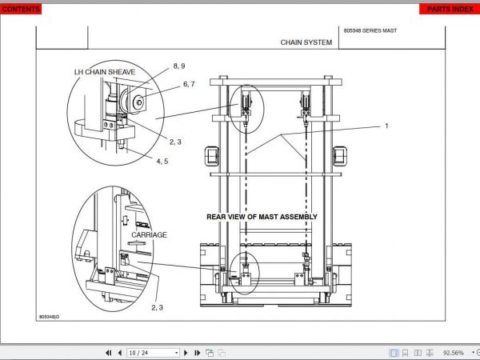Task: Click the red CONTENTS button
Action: (x=22, y=8)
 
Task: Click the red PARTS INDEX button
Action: (x=448, y=8)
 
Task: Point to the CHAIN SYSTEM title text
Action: (x=306, y=42)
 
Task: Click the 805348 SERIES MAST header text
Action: (x=370, y=30)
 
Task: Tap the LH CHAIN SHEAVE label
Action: (x=105, y=72)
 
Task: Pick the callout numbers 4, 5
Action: (x=162, y=161)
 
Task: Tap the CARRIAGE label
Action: (x=150, y=235)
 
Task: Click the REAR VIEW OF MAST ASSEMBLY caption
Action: (x=262, y=217)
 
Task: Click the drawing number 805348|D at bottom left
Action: (x=54, y=317)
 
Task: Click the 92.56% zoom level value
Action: (x=453, y=352)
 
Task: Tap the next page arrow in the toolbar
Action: (x=186, y=352)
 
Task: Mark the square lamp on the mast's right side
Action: (x=341, y=154)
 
